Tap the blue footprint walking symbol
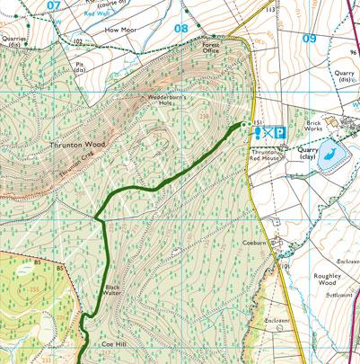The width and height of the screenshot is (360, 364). point(258,131)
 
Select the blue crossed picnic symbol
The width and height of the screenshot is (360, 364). point(269,131)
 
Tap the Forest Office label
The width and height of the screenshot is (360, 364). point(211,49)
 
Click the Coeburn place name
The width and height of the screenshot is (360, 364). point(254,241)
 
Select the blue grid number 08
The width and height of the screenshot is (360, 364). point(181,28)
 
